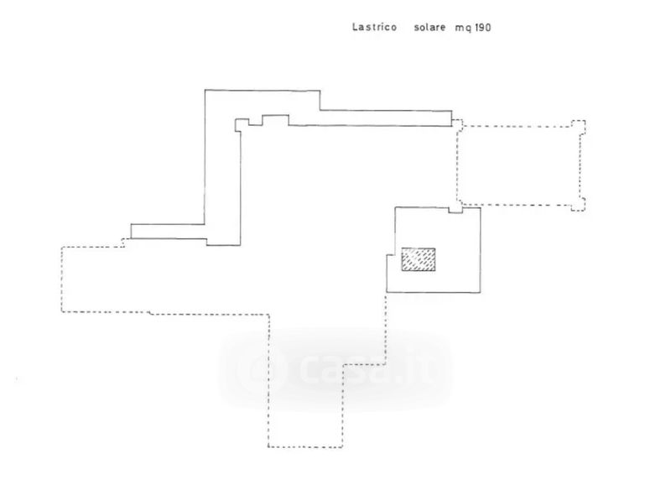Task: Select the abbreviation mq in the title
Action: (x=463, y=28)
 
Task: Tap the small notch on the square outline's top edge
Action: (x=455, y=210)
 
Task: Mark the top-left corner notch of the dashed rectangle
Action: (x=457, y=124)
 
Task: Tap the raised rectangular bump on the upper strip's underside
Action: (x=275, y=119)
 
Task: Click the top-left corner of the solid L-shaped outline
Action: (x=206, y=90)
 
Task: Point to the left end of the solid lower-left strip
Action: (x=132, y=232)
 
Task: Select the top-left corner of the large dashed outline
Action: (x=64, y=248)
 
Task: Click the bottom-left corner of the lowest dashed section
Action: (x=268, y=446)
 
